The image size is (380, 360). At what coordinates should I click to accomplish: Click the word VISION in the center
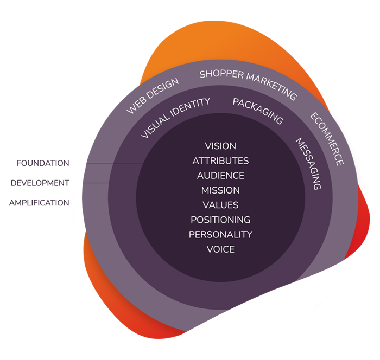point(220,146)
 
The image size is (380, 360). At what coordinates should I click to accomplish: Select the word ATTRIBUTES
point(220,160)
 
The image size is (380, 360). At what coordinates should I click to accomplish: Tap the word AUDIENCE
point(220,176)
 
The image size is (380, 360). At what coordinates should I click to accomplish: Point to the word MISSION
point(220,190)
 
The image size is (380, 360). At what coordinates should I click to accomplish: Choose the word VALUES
point(220,205)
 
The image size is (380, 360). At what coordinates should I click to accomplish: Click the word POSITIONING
point(220,220)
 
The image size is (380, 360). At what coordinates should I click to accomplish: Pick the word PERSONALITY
point(220,234)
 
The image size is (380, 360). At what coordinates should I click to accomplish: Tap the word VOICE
point(220,249)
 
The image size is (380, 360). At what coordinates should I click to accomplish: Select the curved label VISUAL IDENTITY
point(175,118)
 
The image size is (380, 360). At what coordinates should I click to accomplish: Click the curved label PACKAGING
point(258,111)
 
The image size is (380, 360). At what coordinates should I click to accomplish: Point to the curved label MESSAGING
point(308,163)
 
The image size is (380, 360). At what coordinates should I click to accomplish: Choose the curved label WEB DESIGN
point(153,96)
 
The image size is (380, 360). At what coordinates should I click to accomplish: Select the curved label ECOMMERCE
point(327,139)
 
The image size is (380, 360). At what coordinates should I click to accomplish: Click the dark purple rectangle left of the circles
point(41,183)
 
